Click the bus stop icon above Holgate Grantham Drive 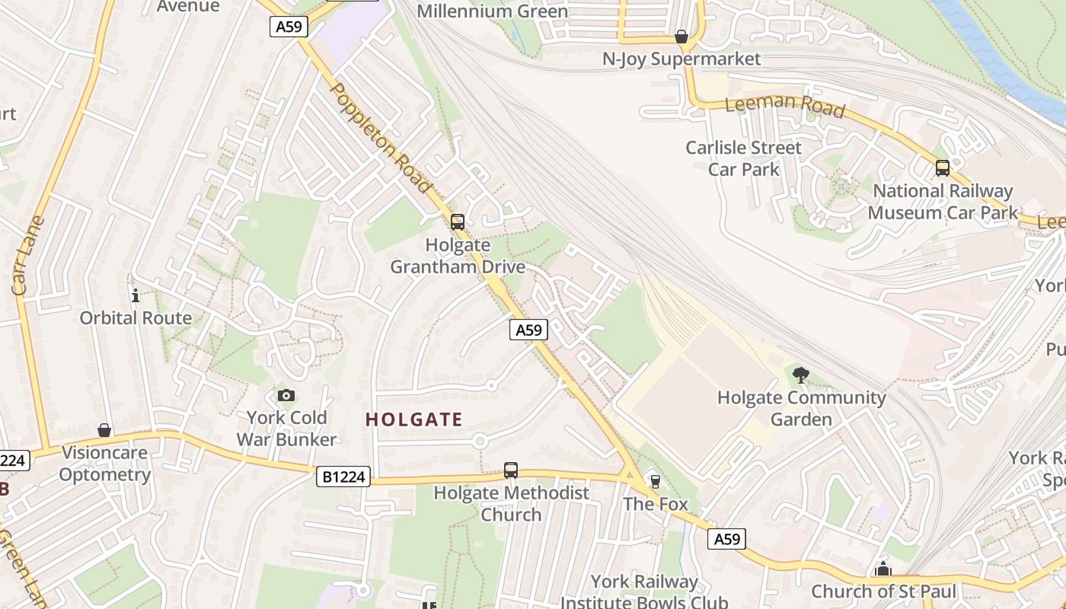(x=457, y=222)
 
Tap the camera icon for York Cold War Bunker (x=286, y=395)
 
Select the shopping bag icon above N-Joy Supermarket (x=681, y=37)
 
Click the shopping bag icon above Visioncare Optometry (x=104, y=431)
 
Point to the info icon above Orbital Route (x=136, y=295)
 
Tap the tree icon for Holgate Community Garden (x=800, y=375)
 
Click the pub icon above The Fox (x=655, y=481)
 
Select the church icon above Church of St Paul (x=882, y=569)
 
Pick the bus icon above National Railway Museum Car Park (x=942, y=168)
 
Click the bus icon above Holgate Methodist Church (x=511, y=470)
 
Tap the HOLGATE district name (x=413, y=419)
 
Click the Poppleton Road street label (x=381, y=137)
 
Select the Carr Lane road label (x=29, y=255)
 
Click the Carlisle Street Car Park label (x=743, y=158)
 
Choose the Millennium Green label (x=492, y=11)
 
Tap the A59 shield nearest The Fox (x=726, y=539)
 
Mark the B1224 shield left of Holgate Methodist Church (x=343, y=477)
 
